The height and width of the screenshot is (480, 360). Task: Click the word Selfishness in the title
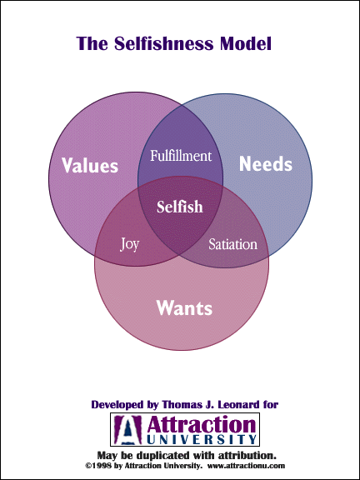pos(164,43)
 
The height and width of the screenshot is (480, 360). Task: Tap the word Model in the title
pos(246,43)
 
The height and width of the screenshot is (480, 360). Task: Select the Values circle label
pos(90,165)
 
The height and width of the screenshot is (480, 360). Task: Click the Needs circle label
pos(265,164)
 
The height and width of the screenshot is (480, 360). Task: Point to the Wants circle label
pos(184,307)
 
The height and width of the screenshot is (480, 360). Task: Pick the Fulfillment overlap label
pos(181,156)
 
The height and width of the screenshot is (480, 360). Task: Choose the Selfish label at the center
pos(180,207)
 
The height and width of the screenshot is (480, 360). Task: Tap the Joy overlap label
pos(130,245)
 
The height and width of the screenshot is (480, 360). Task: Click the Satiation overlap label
pos(232,244)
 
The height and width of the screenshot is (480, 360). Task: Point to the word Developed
pos(117,405)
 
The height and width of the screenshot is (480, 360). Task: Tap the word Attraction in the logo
pos(200,425)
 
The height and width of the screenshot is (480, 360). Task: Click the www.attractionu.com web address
pos(246,466)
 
